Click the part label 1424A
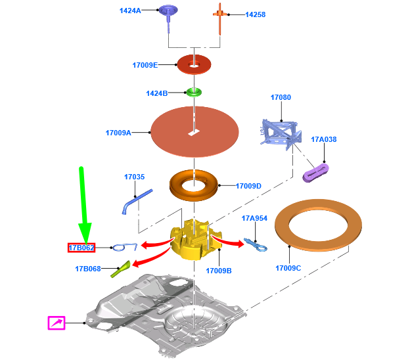pyautogui.click(x=130, y=11)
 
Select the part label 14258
pyautogui.click(x=256, y=14)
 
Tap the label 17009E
pyautogui.click(x=145, y=65)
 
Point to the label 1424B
pyautogui.click(x=157, y=93)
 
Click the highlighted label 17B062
pyautogui.click(x=82, y=248)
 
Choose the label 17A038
pyautogui.click(x=323, y=139)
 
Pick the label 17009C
pyautogui.click(x=288, y=268)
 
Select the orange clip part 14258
pyautogui.click(x=220, y=14)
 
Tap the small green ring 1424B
pyautogui.click(x=194, y=91)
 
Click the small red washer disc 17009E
pyautogui.click(x=194, y=64)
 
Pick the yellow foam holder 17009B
pyautogui.click(x=194, y=240)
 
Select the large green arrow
pyautogui.click(x=83, y=204)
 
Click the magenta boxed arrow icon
pyautogui.click(x=57, y=323)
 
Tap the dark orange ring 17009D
pyautogui.click(x=194, y=185)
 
